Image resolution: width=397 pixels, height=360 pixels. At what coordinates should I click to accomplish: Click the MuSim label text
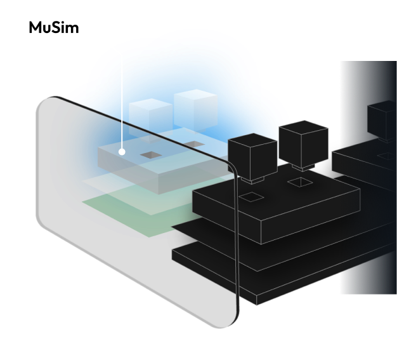click(54, 27)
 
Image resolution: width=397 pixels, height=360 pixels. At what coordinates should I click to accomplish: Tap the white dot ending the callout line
click(122, 152)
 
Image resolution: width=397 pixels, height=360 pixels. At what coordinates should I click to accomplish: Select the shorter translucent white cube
click(151, 118)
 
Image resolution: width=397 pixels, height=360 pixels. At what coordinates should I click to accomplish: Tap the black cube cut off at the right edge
click(382, 120)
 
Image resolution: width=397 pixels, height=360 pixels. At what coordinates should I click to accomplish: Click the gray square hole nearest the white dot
click(151, 155)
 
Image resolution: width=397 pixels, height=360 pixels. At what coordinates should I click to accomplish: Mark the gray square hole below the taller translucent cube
click(194, 145)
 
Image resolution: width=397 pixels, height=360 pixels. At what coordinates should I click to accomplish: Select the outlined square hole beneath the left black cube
click(251, 197)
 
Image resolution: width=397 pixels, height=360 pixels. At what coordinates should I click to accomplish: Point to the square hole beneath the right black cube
click(300, 182)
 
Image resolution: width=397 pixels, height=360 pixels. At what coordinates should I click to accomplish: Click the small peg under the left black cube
click(252, 180)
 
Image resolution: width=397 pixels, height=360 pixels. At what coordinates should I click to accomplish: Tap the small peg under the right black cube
click(303, 168)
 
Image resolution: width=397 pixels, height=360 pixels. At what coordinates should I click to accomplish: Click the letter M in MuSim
click(36, 27)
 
